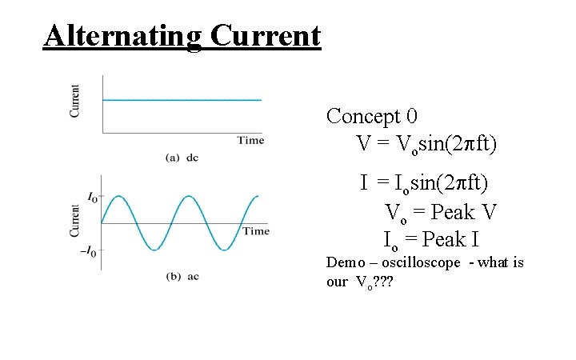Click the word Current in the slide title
[x=266, y=36]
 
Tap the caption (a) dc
[x=182, y=158]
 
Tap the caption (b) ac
[x=182, y=277]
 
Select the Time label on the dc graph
[x=250, y=140]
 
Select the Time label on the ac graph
[x=255, y=231]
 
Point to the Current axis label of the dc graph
[x=75, y=101]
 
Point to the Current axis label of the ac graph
[x=75, y=221]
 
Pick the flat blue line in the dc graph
[x=182, y=100]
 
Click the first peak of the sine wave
[x=118, y=196]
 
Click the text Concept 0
[x=371, y=117]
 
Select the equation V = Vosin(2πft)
[x=426, y=145]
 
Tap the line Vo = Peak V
[x=442, y=213]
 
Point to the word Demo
[x=345, y=262]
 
